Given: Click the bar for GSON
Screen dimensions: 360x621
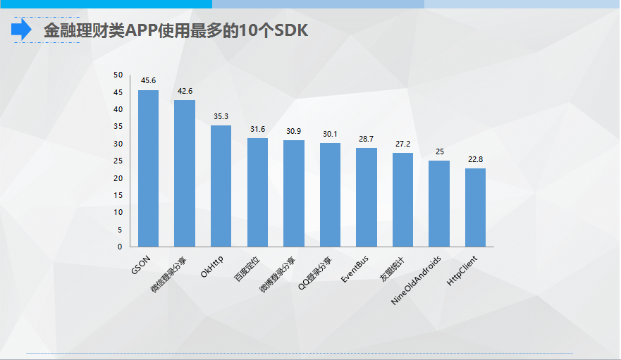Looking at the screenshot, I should (x=148, y=168).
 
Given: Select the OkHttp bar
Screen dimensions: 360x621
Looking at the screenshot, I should (x=221, y=186).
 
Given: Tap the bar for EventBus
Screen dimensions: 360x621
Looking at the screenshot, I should (x=367, y=197).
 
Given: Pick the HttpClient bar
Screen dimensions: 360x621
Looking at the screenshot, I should (x=475, y=207).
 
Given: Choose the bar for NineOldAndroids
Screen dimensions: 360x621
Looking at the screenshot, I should (x=439, y=204).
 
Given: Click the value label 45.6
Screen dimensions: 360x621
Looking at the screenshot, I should (x=148, y=81).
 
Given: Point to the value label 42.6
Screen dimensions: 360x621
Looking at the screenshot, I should (x=185, y=91).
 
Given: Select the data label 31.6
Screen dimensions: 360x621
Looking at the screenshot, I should (x=257, y=129).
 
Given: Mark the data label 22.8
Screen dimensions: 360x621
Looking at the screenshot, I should (x=475, y=159).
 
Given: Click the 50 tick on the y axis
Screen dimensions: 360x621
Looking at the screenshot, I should (x=118, y=75).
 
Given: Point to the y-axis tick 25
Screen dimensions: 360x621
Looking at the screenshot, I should (x=118, y=161).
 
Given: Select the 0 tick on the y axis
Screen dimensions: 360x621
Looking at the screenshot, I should (x=120, y=247).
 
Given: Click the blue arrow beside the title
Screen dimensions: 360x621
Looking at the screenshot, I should (x=21, y=30).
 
